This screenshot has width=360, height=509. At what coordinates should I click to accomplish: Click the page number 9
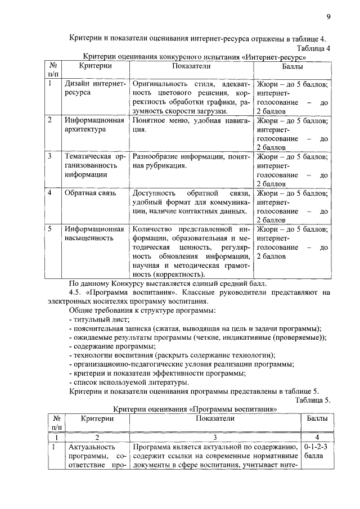coord(328,16)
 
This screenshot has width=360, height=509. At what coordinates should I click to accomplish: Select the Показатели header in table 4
coord(191,66)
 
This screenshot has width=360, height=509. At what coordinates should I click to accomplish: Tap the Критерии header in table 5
coord(97,419)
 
